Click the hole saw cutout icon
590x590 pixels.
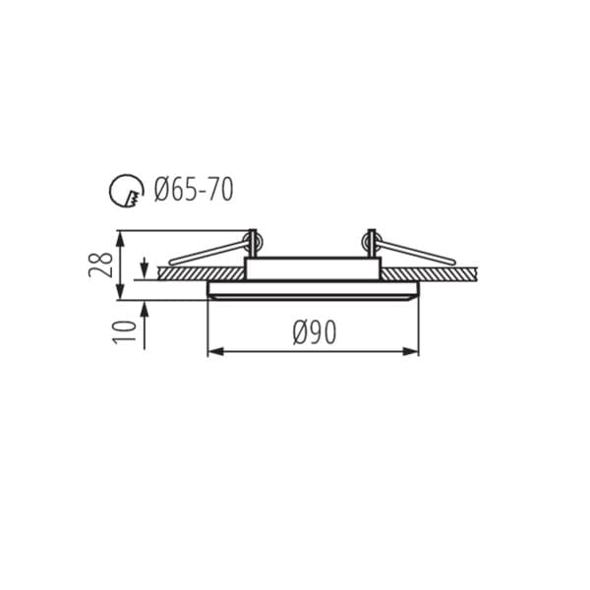point(127,191)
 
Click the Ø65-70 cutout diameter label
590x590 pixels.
point(194,189)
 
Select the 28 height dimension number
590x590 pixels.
point(101,265)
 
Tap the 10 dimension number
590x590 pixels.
point(125,332)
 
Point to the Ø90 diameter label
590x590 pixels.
point(315,332)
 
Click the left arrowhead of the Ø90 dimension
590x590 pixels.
point(216,352)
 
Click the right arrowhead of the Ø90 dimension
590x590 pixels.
point(410,352)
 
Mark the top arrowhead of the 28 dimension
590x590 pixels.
point(120,239)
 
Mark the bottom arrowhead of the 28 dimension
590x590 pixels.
point(120,292)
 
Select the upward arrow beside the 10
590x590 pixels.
point(145,325)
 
